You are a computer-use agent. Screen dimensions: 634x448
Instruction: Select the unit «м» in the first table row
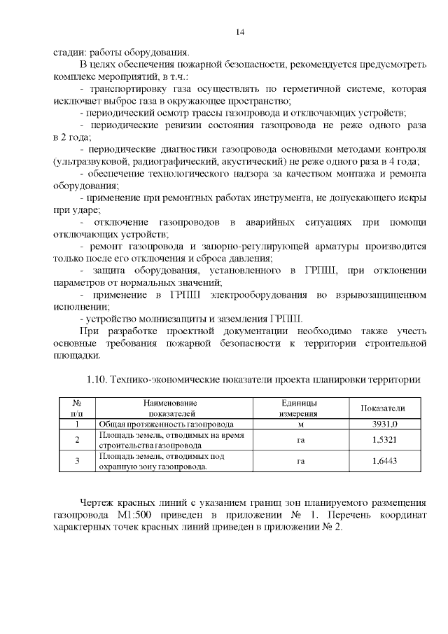click(x=299, y=424)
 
